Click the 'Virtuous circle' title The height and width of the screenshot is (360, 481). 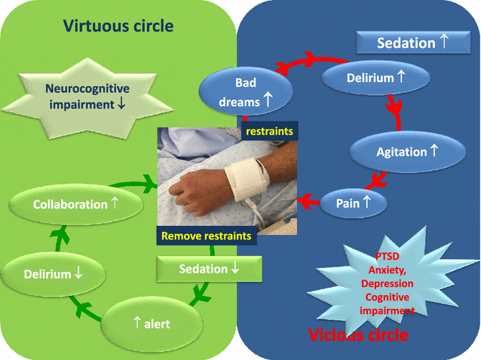(118, 26)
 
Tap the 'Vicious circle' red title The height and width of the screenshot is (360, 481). (359, 333)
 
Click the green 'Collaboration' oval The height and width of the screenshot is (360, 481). (75, 204)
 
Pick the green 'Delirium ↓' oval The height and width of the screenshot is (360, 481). (51, 273)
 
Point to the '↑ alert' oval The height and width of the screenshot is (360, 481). (151, 323)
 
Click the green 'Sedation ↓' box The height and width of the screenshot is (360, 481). (209, 269)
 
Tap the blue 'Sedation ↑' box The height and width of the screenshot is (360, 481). (413, 43)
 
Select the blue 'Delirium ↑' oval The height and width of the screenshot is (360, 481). (375, 78)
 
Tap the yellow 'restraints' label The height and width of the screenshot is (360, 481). (268, 130)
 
